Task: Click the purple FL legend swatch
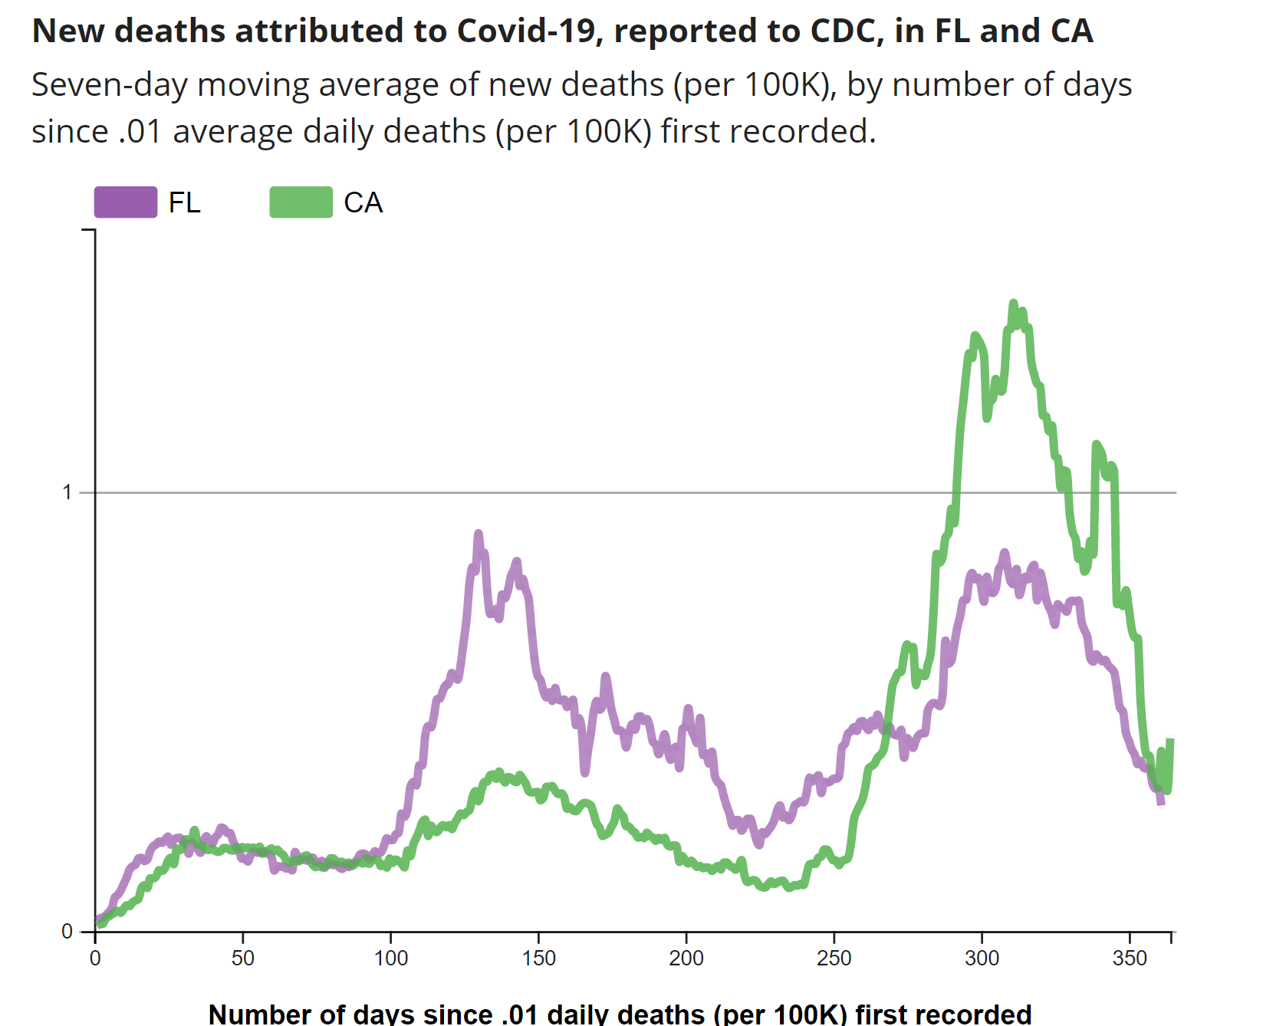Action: pyautogui.click(x=126, y=202)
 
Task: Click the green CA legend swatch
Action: pyautogui.click(x=301, y=202)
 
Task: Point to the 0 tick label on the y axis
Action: pyautogui.click(x=67, y=932)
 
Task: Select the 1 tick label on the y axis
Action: pyautogui.click(x=67, y=492)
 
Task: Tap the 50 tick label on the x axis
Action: pyautogui.click(x=242, y=959)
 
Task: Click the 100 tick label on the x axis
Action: pyautogui.click(x=390, y=959)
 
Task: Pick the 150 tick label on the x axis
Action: pyautogui.click(x=538, y=959)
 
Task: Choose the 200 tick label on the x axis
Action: pyautogui.click(x=686, y=959)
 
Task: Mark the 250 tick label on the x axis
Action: pyautogui.click(x=834, y=959)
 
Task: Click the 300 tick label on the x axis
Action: pyautogui.click(x=982, y=959)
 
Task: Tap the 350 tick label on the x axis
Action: pyautogui.click(x=1130, y=959)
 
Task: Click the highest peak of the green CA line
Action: pyautogui.click(x=1013, y=304)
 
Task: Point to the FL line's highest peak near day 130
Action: pyautogui.click(x=479, y=534)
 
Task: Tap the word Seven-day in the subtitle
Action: pyautogui.click(x=109, y=85)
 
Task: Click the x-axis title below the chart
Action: pyautogui.click(x=620, y=1014)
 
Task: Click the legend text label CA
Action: pyautogui.click(x=363, y=203)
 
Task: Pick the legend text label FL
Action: pyautogui.click(x=184, y=203)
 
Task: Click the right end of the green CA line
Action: pyautogui.click(x=1170, y=741)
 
